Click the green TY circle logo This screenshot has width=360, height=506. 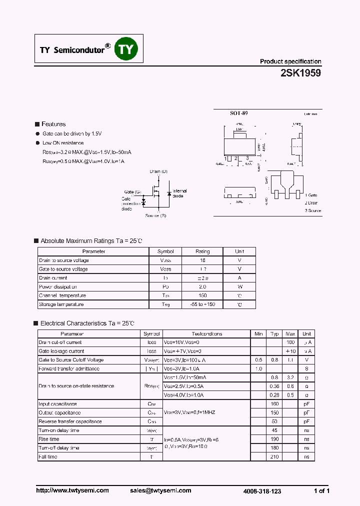pos(126,49)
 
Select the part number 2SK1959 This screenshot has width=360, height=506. pos(300,73)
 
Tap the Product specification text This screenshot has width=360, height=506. pos(290,61)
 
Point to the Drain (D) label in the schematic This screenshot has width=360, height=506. pos(158,171)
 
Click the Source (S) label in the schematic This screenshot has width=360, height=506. pos(155,215)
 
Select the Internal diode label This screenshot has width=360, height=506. pos(179,193)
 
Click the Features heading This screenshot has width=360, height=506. pos(53,124)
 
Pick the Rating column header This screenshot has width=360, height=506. pos(202,251)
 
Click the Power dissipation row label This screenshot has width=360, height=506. pos(57,287)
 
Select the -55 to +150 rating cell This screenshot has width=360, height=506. pos(202,304)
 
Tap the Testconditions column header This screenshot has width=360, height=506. pos(206,333)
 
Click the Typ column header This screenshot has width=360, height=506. pos(274,333)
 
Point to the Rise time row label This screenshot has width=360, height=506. pos(48,439)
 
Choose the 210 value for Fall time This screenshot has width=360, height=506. pos(274,456)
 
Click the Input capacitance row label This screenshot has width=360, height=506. pos(57,403)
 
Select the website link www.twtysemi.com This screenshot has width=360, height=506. pos(72,490)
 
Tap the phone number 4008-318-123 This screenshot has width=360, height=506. pos(262,491)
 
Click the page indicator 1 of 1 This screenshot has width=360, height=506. pos(321,490)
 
